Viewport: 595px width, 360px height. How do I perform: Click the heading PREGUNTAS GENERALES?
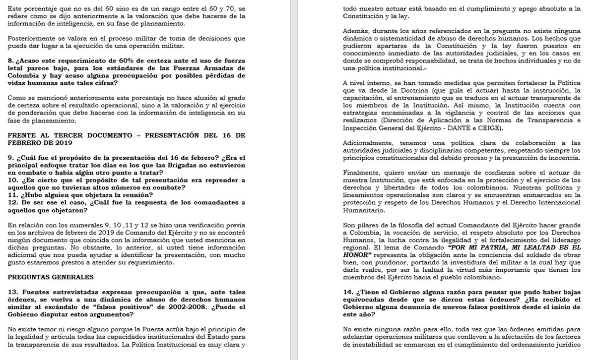[51, 276]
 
